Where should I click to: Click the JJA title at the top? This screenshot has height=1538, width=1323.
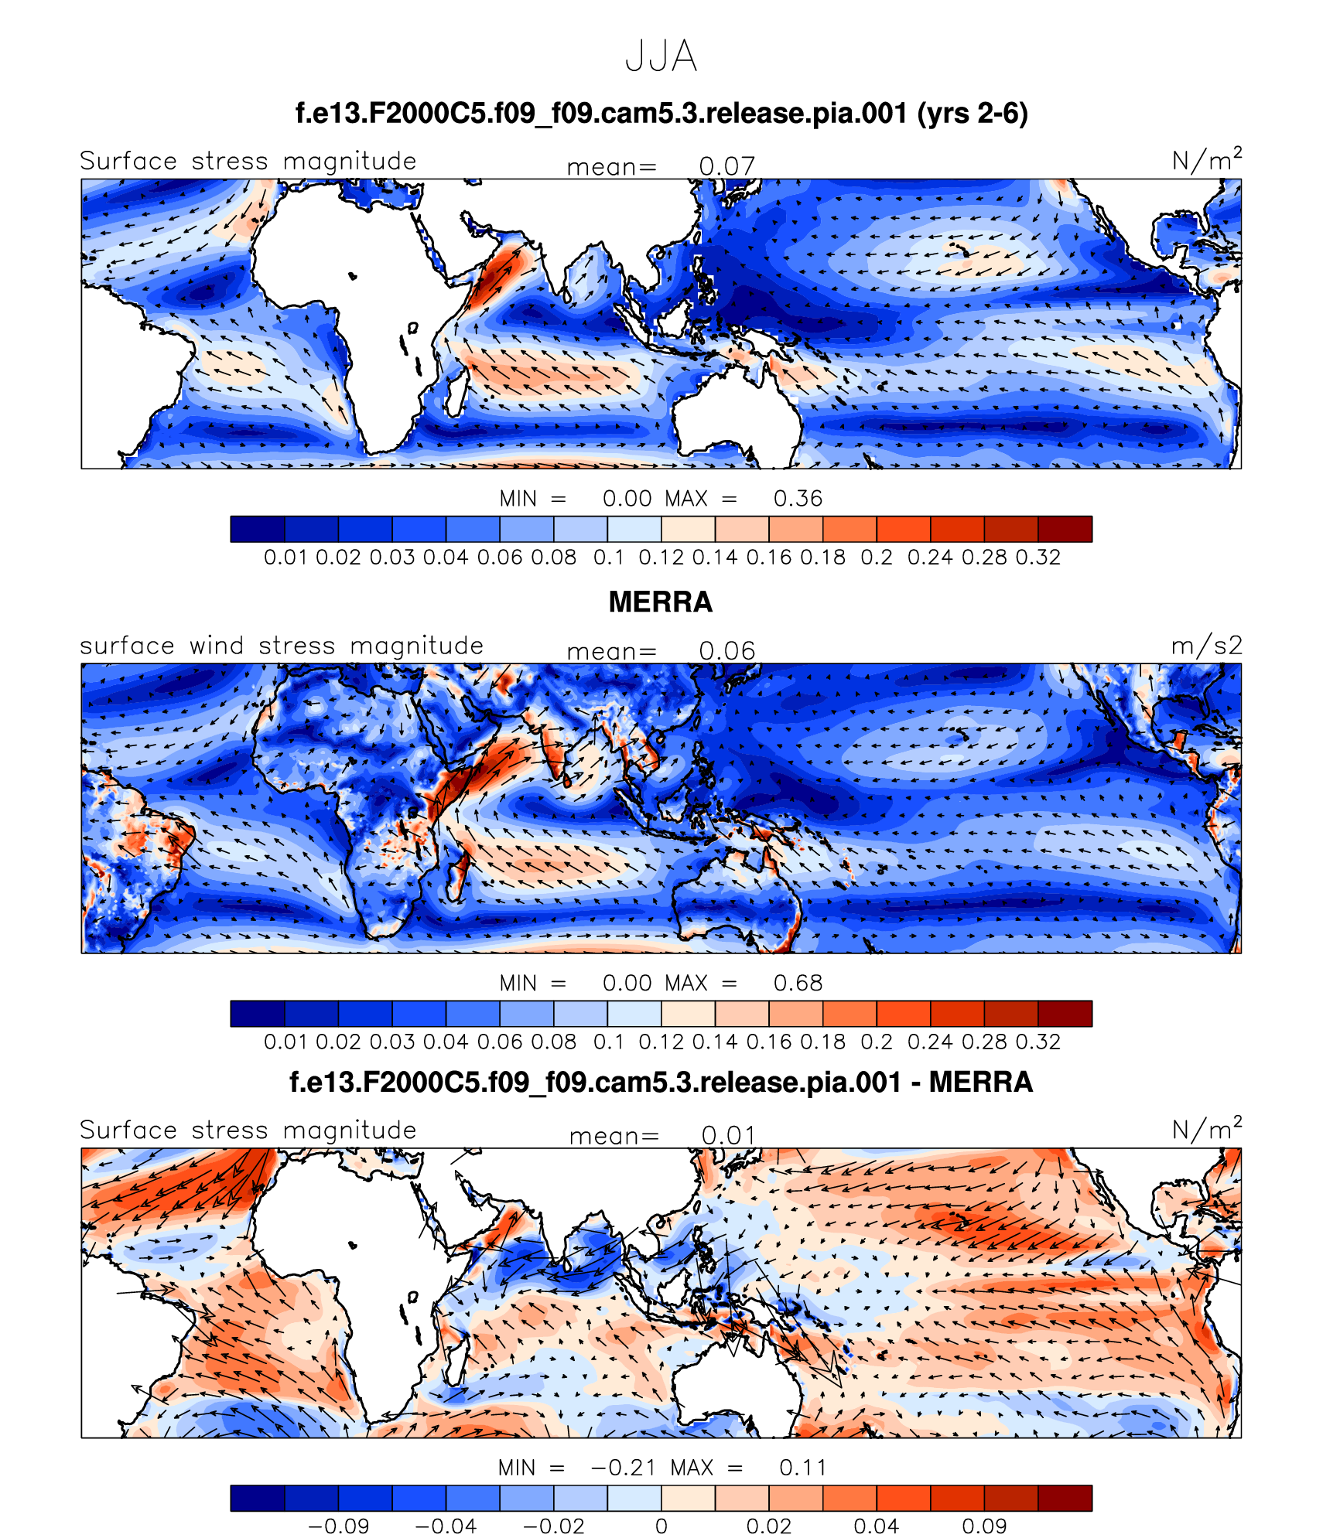pos(661,57)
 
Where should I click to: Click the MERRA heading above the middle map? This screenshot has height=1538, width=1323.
pos(660,602)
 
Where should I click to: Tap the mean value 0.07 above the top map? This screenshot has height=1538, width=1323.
pos(726,166)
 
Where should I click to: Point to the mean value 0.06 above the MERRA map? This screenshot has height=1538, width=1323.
pos(726,651)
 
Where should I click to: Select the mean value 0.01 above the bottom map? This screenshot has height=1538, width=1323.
pos(727,1135)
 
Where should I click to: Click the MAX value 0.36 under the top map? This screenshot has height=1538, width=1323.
pos(798,499)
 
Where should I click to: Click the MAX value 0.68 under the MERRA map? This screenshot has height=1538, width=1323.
pos(798,983)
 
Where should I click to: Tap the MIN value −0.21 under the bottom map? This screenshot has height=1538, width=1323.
pos(623,1468)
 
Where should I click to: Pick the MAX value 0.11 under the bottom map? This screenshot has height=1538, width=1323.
pos(802,1468)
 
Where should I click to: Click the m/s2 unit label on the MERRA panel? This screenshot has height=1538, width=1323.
pos(1206,646)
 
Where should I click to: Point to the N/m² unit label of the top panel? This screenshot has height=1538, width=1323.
pos(1206,160)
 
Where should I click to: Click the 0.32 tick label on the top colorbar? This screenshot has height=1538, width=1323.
pos(1038,558)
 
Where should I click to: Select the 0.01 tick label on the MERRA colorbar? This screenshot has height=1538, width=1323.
pos(286,1042)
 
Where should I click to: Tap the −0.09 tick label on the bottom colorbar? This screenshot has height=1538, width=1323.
pos(338,1526)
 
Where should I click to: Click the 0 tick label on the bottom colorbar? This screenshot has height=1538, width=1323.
pos(661,1526)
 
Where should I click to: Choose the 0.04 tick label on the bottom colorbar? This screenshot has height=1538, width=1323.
pos(876,1526)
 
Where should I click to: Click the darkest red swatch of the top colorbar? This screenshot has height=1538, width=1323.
pos(1065,529)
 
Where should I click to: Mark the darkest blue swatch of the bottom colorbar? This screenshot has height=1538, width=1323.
pos(258,1498)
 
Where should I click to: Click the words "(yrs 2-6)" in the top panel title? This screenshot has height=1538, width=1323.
pos(972,114)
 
